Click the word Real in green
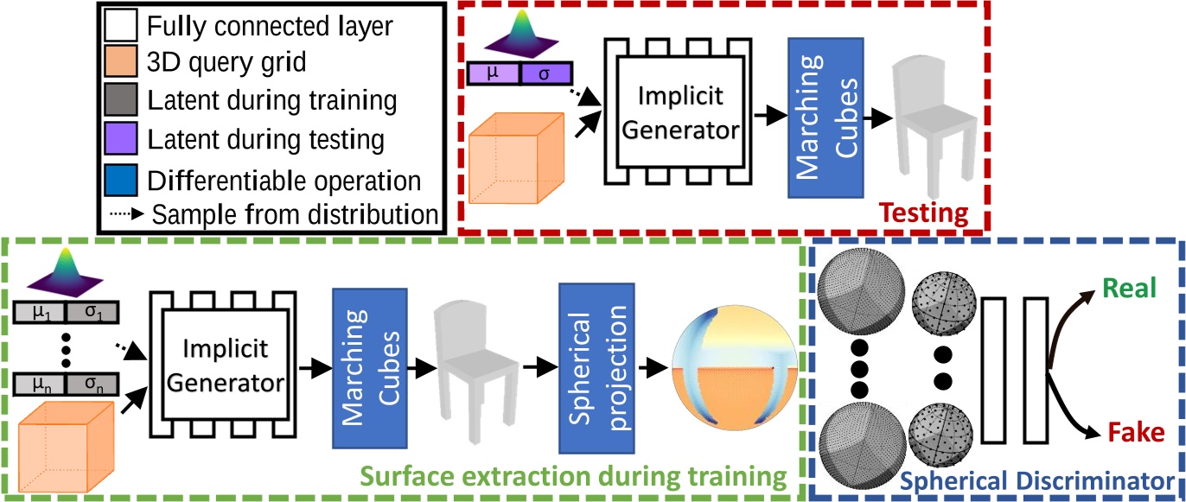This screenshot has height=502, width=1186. (1128, 289)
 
